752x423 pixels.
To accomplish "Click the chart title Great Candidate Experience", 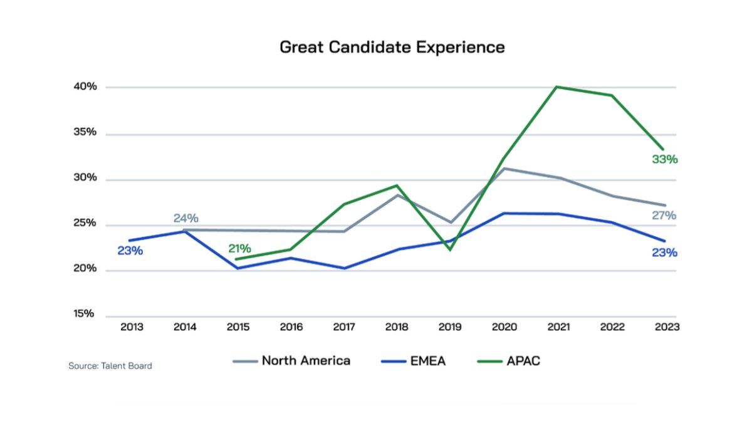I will [x=392, y=47].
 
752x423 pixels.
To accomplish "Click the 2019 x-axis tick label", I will [x=450, y=327].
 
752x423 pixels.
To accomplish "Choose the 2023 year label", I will [x=666, y=327].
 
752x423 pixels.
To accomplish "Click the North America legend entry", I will [x=292, y=361].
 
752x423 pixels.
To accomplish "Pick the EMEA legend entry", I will [x=413, y=361].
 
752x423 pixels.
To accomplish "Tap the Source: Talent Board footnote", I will [x=110, y=366].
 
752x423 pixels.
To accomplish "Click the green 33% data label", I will [x=664, y=160].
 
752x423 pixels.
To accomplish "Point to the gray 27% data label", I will [x=664, y=216].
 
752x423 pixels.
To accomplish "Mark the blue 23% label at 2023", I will [x=664, y=253].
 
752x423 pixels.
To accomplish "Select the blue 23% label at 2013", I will [x=130, y=251].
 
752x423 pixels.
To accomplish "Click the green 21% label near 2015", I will [x=239, y=249].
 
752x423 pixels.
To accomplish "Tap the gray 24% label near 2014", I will [x=186, y=219].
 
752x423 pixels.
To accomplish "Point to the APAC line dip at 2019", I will [x=450, y=249].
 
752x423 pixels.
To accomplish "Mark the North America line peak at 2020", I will [x=504, y=169].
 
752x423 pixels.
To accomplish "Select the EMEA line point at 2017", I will [x=344, y=268].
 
